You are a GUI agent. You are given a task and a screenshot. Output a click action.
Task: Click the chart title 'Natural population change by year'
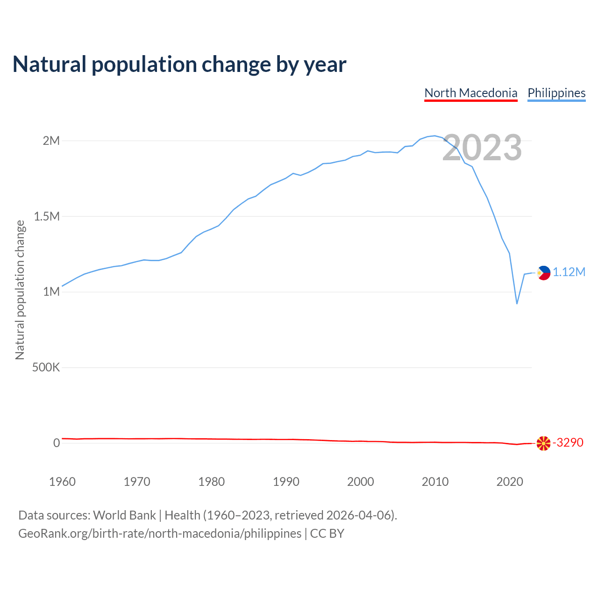point(179,64)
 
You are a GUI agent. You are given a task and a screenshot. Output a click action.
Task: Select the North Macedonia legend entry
point(470,93)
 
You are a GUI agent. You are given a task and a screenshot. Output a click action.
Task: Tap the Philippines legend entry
point(556,93)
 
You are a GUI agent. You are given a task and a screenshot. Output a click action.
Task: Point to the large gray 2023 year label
point(482,148)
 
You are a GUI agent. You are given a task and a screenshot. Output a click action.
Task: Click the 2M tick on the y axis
point(51,141)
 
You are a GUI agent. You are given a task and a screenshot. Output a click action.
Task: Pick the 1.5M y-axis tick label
point(47,216)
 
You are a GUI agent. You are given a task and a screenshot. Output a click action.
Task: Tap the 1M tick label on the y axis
point(51,292)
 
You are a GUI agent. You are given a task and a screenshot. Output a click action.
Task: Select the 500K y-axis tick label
point(46,368)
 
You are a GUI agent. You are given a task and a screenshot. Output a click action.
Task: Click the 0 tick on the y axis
point(57,443)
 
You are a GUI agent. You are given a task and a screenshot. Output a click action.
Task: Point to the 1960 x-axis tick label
point(62,482)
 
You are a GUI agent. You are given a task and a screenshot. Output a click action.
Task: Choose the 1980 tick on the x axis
point(212,482)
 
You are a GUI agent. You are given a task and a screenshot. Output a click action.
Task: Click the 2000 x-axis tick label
point(361,482)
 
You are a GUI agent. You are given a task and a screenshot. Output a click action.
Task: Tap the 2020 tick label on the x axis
point(510,482)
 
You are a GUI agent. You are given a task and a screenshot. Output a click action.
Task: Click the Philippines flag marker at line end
point(543,273)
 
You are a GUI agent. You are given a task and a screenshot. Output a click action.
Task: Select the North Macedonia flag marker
point(543,443)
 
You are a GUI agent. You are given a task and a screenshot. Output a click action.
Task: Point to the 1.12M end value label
point(569,272)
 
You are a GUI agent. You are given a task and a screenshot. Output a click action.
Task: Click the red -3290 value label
point(568,442)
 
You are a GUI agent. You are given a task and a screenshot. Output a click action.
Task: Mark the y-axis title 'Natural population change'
point(20,290)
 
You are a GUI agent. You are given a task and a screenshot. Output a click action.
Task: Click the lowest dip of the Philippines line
point(517,304)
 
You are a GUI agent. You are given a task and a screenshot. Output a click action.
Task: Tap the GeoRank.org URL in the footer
point(160,534)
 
